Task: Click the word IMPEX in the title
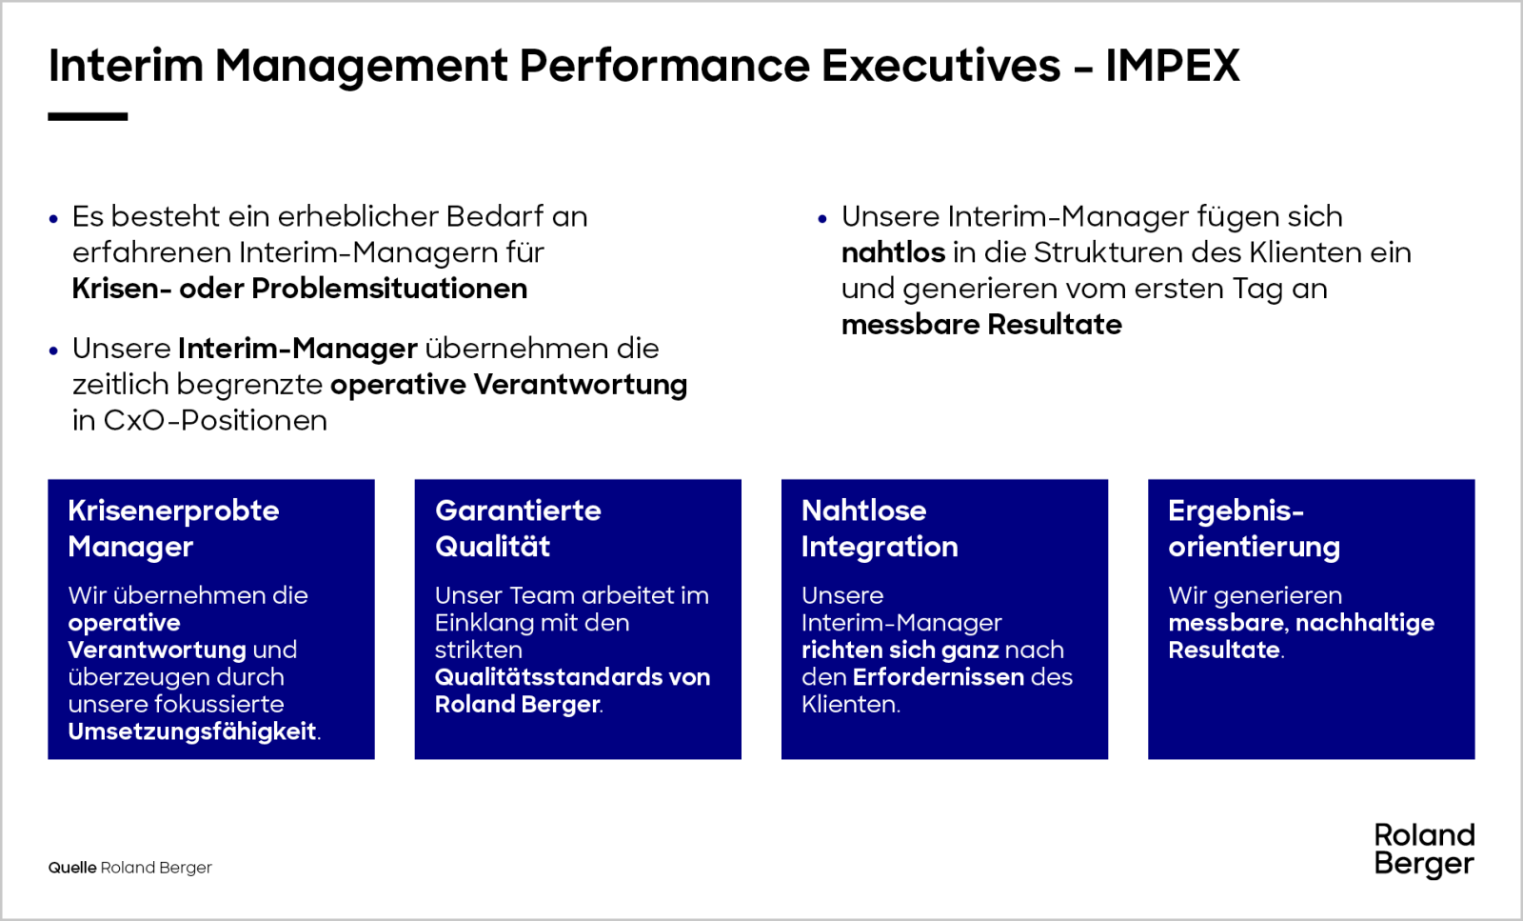click(x=1173, y=66)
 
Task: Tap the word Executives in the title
click(x=941, y=66)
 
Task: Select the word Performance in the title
click(x=664, y=66)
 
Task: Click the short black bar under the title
click(x=88, y=117)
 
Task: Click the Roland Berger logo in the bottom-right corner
click(x=1424, y=851)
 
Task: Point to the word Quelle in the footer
click(x=72, y=868)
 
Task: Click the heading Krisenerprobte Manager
click(x=173, y=529)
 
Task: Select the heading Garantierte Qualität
click(x=518, y=529)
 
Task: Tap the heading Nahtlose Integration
click(x=880, y=529)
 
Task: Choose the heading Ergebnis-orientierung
click(x=1255, y=529)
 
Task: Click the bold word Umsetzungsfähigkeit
click(x=191, y=731)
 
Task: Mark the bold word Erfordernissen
click(x=939, y=677)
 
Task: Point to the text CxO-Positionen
click(x=214, y=420)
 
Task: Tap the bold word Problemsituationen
click(x=389, y=289)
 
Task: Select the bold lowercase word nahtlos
click(x=893, y=252)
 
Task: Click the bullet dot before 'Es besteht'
click(x=53, y=219)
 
